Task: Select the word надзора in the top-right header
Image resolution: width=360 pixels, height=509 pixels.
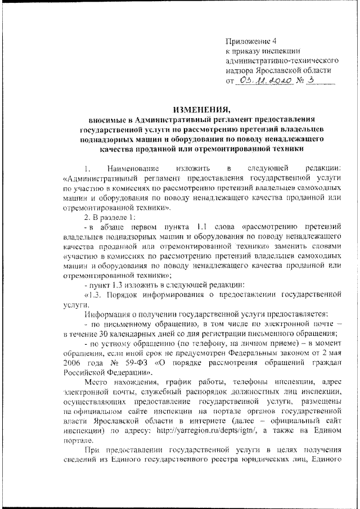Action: point(241,70)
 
